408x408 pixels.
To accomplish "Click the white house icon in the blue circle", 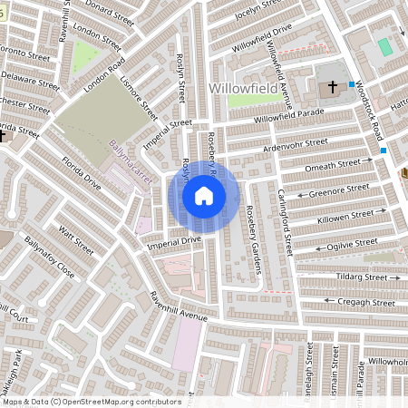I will click(204, 196).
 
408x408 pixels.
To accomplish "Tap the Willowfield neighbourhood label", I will click(242, 88).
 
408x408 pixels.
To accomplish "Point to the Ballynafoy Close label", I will click(50, 256).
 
